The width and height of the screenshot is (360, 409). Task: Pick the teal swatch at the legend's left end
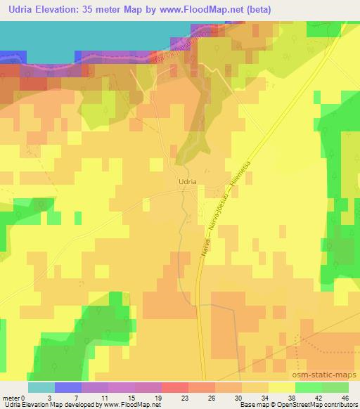click(41, 387)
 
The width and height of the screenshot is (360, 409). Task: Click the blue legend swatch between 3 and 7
click(68, 387)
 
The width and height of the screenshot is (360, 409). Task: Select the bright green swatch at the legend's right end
click(335, 387)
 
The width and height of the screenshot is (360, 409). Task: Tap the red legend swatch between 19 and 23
click(174, 387)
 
